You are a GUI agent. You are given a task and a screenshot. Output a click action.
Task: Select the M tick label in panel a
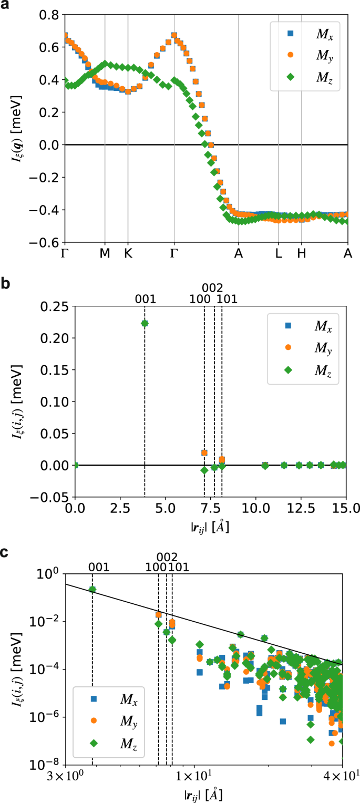click(x=105, y=253)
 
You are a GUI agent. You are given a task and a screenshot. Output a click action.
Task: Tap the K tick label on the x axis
click(x=128, y=253)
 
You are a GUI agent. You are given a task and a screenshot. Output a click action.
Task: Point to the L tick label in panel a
click(x=279, y=253)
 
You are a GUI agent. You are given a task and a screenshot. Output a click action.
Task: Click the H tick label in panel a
click(x=301, y=253)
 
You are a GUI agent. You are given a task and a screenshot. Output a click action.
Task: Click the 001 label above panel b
click(x=145, y=300)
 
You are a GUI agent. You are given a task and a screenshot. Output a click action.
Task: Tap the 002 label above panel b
click(x=212, y=288)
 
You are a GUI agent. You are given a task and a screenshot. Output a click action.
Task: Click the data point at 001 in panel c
click(x=92, y=589)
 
